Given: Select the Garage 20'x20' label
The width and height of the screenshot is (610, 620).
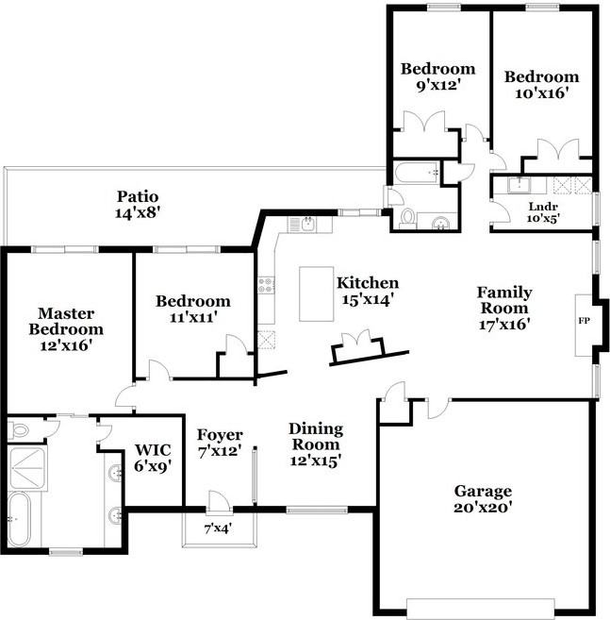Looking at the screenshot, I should coord(483,499).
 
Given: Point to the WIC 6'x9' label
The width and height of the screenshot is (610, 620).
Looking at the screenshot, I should coord(152,458).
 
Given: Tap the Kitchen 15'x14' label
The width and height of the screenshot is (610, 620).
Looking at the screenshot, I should coord(368,291).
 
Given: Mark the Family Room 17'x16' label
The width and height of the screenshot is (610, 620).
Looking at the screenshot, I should coord(503,309).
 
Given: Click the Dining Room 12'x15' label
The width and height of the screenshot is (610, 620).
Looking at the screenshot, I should coord(315,444).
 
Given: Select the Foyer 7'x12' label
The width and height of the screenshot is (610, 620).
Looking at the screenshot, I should coord(220,444).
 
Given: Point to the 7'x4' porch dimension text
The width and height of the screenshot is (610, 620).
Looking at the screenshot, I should coord(218,528).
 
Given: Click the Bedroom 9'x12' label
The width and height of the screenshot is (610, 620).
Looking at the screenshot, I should coord(437,77).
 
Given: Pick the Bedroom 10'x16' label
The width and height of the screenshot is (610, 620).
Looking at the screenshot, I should coord(540,85).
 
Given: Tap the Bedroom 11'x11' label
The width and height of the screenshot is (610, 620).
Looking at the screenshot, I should coord(193,310).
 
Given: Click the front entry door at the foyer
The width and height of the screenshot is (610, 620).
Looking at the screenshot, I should coord(218,501).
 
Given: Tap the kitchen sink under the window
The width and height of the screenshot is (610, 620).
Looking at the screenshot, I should coord(307,224).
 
